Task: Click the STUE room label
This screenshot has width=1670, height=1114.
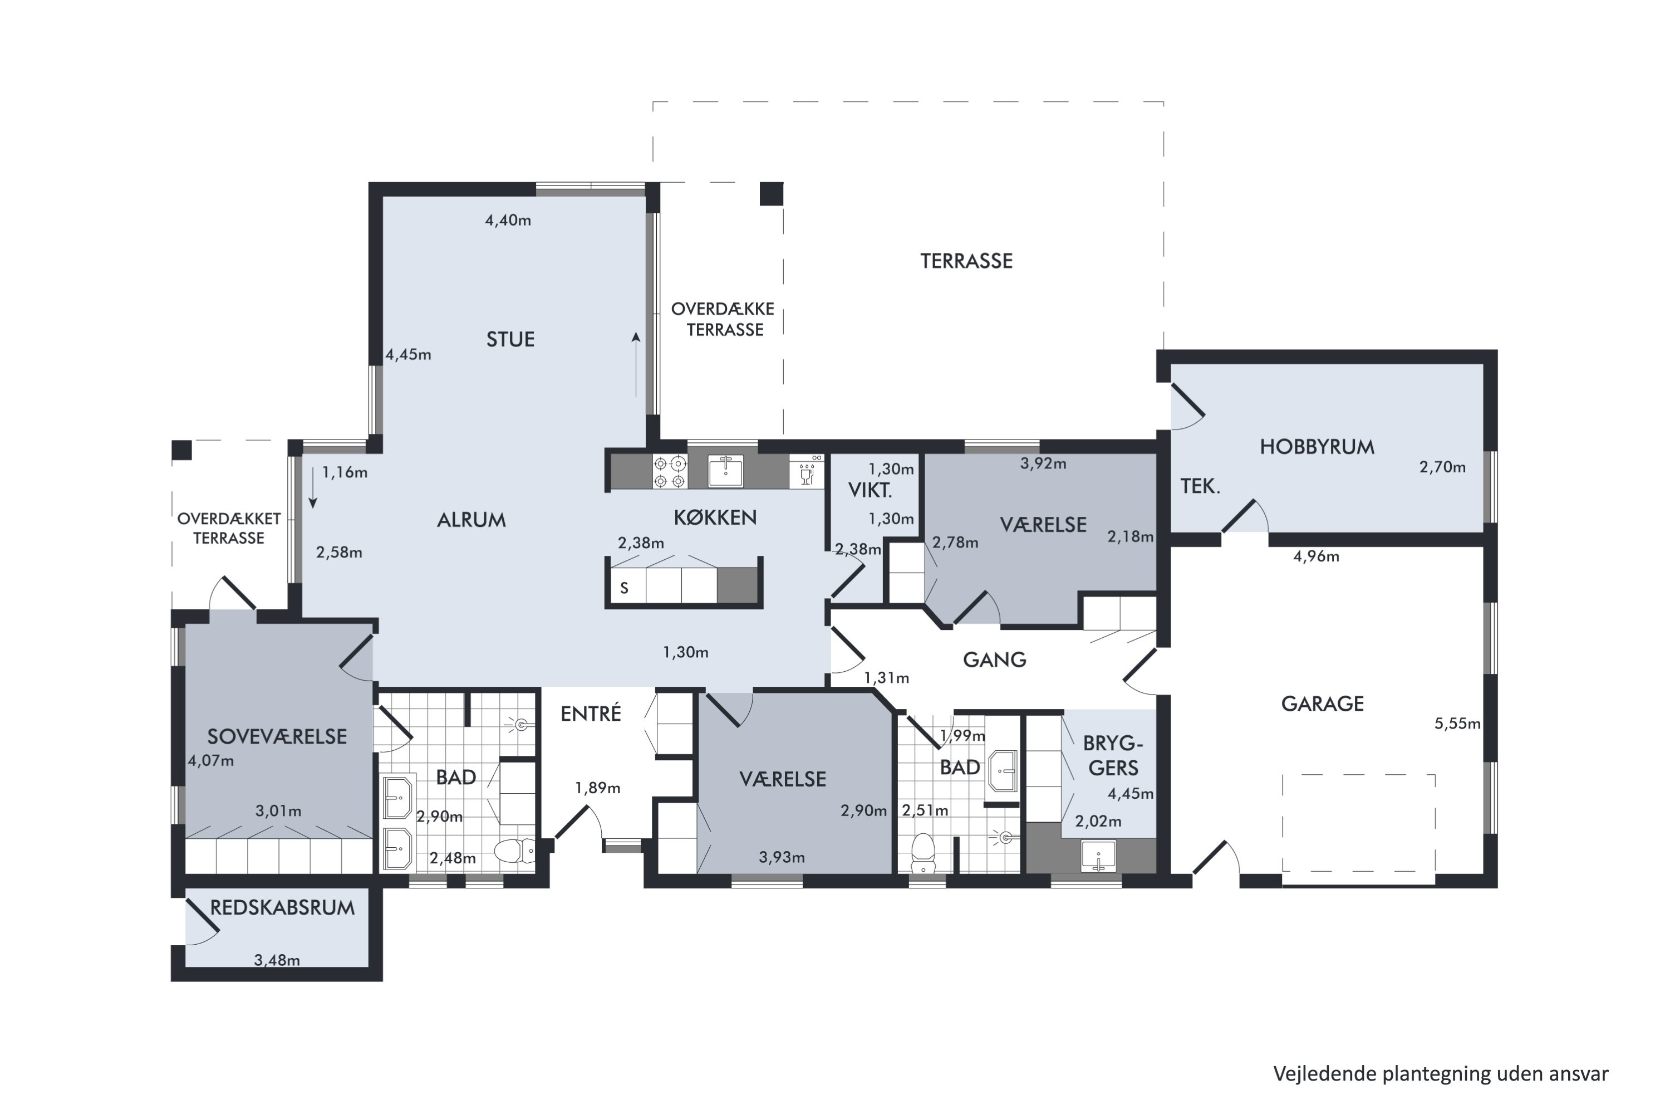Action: [510, 340]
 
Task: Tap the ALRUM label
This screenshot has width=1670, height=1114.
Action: [471, 520]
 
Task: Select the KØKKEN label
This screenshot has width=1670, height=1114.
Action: [715, 517]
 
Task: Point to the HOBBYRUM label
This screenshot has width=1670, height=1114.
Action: [1317, 447]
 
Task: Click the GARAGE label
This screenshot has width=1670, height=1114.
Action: [1322, 704]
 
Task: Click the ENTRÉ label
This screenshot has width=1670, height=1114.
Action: [591, 714]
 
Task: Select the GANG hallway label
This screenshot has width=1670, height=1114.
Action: [994, 660]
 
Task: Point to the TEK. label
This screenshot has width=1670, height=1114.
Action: [1200, 487]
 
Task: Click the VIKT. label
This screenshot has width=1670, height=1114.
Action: [870, 490]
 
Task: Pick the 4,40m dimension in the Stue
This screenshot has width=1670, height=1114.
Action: [508, 220]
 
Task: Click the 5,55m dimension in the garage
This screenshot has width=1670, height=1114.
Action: [1457, 724]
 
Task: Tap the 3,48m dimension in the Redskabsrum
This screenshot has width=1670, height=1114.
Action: [277, 960]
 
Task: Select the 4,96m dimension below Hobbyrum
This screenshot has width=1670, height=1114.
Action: [1317, 556]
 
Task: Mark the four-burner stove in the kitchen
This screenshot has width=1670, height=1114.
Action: [670, 472]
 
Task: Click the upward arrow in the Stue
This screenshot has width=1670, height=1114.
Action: [636, 364]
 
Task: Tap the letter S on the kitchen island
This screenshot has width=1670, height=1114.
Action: [624, 588]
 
